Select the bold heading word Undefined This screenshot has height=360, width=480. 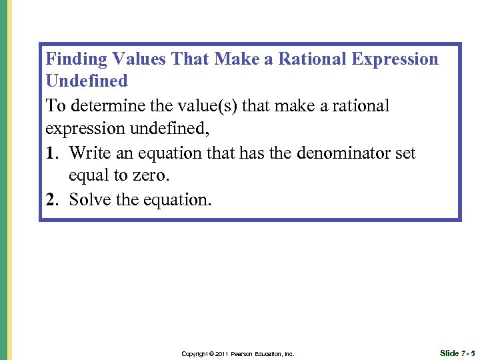click(x=86, y=81)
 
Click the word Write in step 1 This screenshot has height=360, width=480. click(x=90, y=153)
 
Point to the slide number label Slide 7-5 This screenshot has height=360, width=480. click(x=457, y=353)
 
